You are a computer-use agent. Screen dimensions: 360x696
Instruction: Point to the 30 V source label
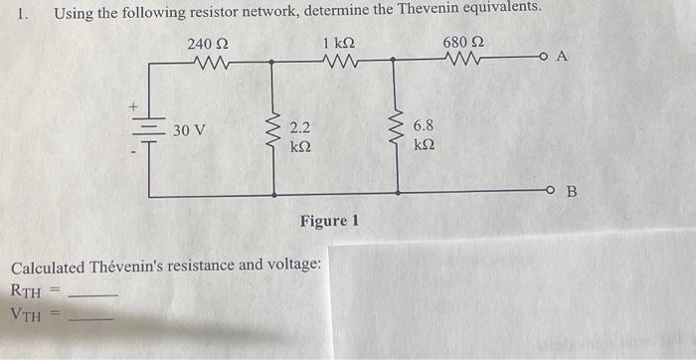tap(189, 130)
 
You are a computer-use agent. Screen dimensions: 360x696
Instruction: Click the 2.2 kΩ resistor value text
tap(299, 136)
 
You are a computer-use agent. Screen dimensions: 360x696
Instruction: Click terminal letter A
tap(561, 57)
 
